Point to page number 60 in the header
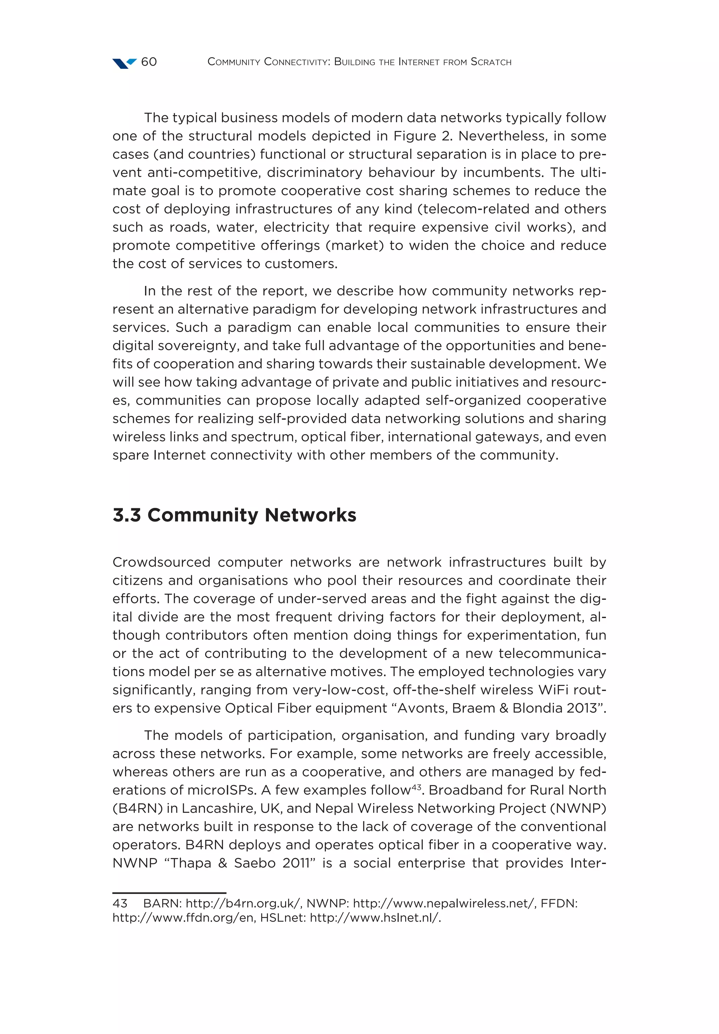149,62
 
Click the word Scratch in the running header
491,62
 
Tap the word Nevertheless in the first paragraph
502,136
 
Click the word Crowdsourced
161,563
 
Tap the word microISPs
217,790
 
